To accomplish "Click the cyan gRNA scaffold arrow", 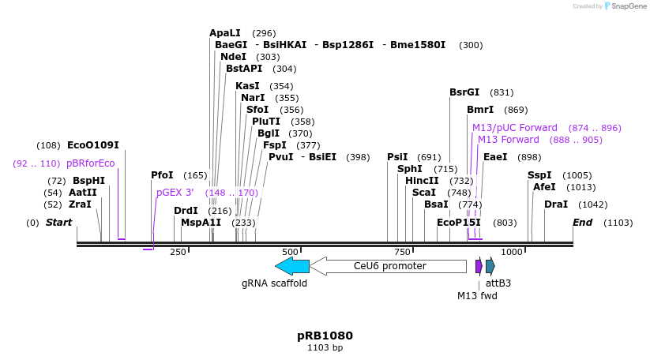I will click(x=291, y=266).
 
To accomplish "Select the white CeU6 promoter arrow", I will click(x=388, y=266).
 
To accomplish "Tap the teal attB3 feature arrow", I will click(x=490, y=266).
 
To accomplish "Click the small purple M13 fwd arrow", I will click(x=479, y=266).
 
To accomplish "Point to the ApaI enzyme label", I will click(x=225, y=33).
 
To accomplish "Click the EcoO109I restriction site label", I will click(x=92, y=145).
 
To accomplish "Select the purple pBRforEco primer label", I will click(x=91, y=163).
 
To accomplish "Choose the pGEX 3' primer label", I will click(x=175, y=192).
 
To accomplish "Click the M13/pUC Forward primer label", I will click(x=515, y=128).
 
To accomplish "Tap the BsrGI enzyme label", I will click(x=464, y=92).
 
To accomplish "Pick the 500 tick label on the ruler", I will click(x=290, y=252).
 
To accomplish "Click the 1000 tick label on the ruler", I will click(x=512, y=252).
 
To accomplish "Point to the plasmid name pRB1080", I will click(x=325, y=336).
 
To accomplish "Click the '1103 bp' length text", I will click(x=325, y=347).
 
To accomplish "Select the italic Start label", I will click(x=58, y=223).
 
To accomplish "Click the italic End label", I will click(x=582, y=223).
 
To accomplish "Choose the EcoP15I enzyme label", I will click(x=459, y=223).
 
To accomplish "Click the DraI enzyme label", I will click(x=556, y=204).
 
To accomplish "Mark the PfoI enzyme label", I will click(x=162, y=175).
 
